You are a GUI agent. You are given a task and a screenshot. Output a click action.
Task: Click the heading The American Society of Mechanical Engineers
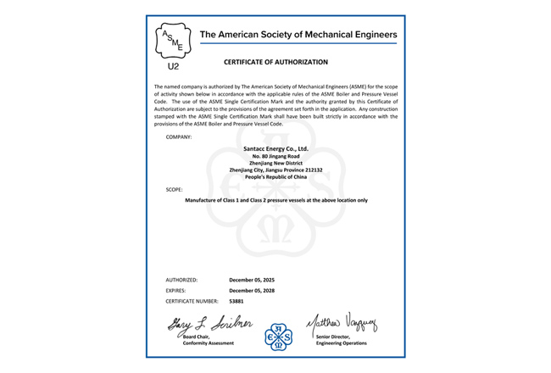(298, 35)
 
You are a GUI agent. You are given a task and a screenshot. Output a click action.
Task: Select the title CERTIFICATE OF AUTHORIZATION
(275, 62)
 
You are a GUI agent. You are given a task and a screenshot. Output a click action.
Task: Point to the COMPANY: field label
(179, 136)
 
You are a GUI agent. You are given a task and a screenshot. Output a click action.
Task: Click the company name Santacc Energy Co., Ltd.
(275, 148)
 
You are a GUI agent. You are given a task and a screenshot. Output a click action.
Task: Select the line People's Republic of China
(275, 177)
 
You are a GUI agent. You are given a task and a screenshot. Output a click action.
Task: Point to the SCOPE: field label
(175, 189)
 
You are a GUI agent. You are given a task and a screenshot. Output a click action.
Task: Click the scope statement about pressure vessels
(275, 200)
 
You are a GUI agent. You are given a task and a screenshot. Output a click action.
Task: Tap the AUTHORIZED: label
(182, 279)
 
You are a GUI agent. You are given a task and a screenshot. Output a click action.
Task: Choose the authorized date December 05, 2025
(252, 279)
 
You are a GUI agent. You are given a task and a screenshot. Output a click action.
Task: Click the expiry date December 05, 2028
(252, 290)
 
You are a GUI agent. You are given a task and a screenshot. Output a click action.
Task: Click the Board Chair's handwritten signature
(203, 323)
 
